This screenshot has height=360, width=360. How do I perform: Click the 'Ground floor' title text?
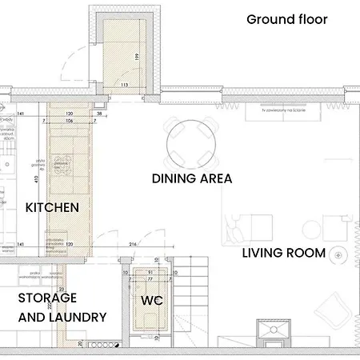(x=286, y=19)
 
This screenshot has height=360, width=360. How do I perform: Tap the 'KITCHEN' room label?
(x=53, y=207)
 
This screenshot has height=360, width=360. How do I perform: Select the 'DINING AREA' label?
(x=192, y=179)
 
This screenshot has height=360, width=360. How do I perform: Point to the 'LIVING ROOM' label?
(x=284, y=254)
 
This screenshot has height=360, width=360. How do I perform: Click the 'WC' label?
(x=152, y=301)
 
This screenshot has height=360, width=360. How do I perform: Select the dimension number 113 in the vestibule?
(x=124, y=84)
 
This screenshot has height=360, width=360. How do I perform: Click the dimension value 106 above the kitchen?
(x=70, y=122)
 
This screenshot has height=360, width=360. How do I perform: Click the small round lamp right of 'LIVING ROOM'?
(x=341, y=254)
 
